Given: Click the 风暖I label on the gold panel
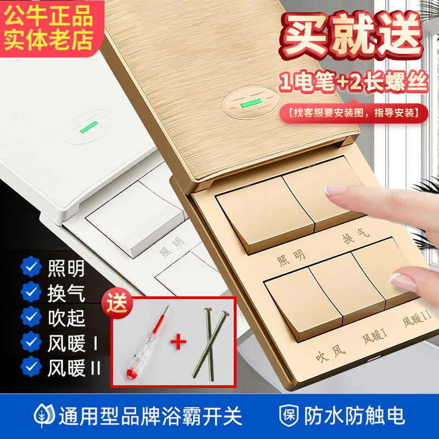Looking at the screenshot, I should pyautogui.click(x=375, y=335).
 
